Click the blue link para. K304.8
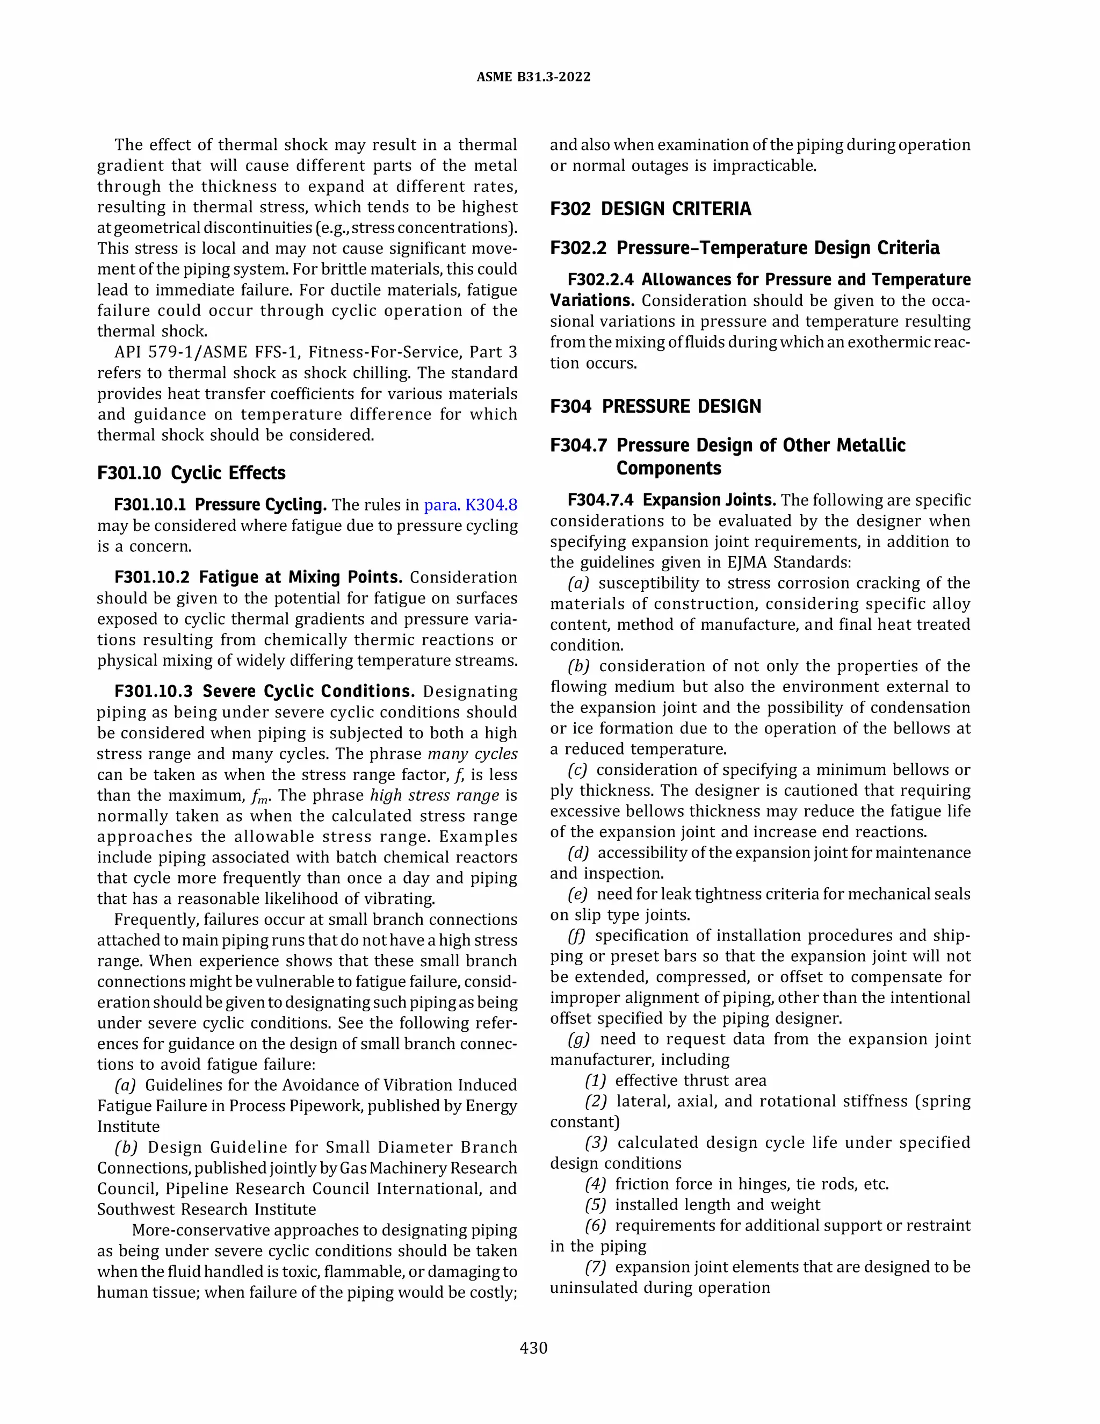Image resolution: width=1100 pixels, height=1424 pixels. tap(471, 505)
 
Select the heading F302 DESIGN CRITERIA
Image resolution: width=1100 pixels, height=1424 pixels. tap(650, 208)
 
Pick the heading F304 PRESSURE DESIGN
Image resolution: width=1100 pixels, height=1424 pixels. tap(656, 406)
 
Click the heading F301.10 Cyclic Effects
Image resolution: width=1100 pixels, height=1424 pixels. tap(192, 473)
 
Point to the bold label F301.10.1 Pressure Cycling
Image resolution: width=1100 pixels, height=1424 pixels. tap(220, 505)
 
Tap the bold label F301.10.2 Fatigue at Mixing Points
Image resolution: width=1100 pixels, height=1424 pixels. tap(258, 577)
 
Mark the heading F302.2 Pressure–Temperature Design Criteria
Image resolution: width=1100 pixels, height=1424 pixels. tap(745, 248)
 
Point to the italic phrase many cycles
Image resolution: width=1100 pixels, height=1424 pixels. tap(473, 754)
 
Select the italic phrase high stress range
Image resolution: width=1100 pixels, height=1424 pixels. tap(435, 795)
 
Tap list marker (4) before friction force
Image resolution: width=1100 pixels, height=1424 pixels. tap(595, 1184)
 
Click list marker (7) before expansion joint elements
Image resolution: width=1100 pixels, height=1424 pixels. tap(595, 1267)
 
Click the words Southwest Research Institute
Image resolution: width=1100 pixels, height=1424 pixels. tap(207, 1210)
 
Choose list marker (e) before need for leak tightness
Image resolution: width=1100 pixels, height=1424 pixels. tap(577, 894)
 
